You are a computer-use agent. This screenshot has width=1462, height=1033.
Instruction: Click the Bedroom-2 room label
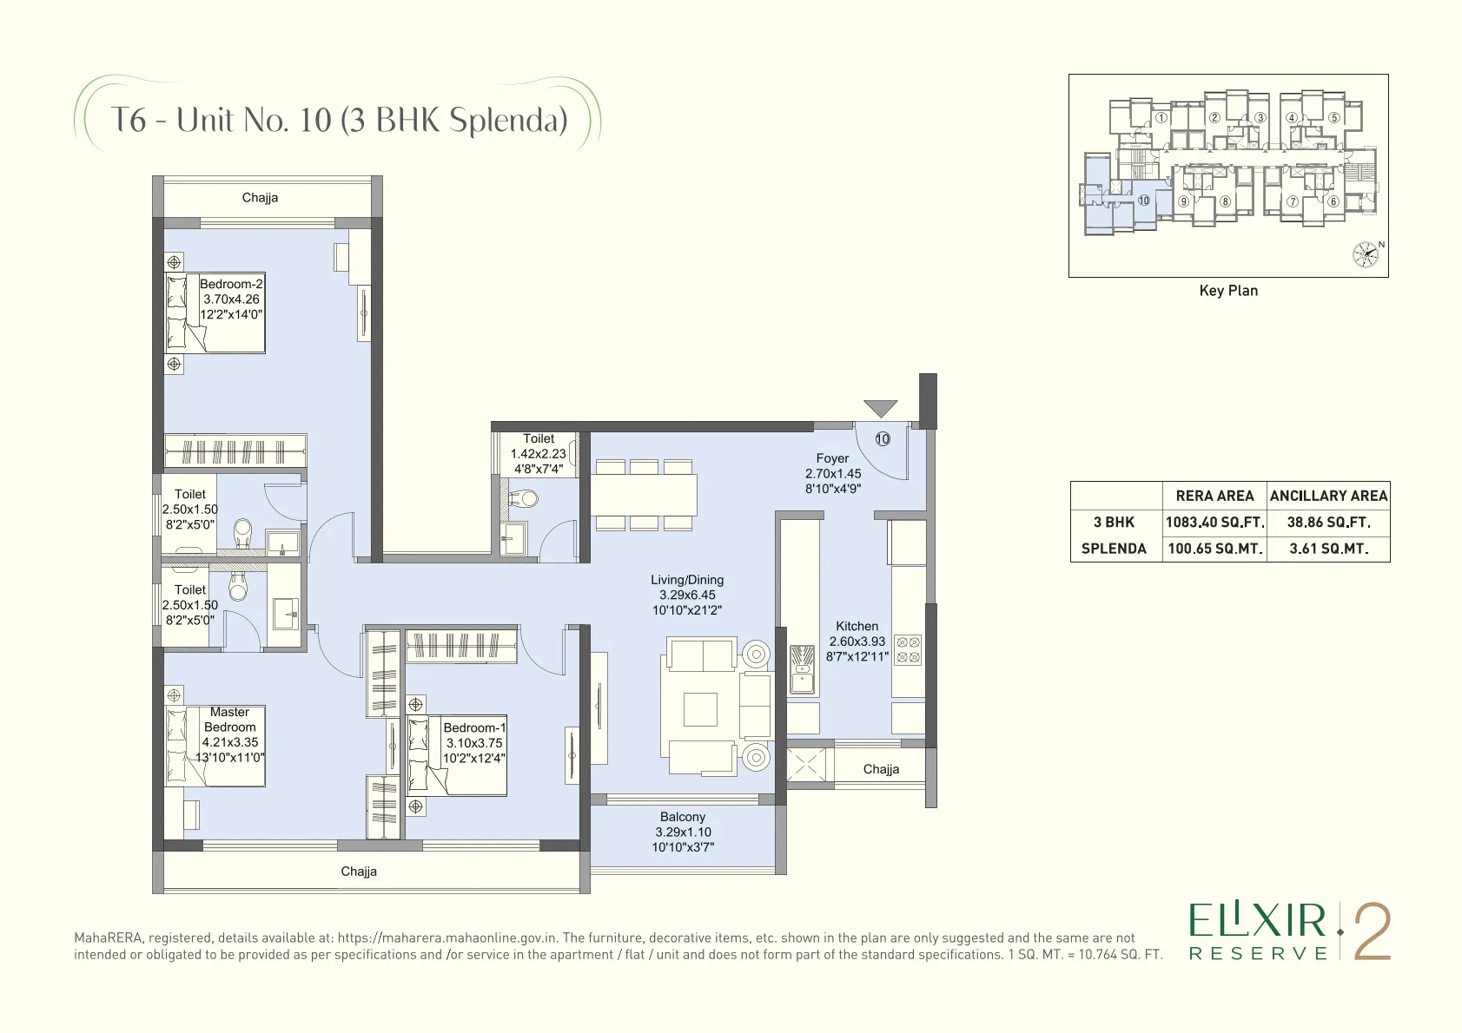coord(231,284)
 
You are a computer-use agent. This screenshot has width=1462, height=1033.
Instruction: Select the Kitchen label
coord(857,626)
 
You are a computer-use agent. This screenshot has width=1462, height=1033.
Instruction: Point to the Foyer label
coord(832,458)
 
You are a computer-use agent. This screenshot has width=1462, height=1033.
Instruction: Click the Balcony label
coord(683,817)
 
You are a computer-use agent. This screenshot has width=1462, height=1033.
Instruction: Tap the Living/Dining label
coord(687,580)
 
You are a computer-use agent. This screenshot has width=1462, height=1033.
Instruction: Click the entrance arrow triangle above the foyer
coord(880,407)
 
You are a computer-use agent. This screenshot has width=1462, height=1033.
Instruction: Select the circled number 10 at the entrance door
coord(883,439)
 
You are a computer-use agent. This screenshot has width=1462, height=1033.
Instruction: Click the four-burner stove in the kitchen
coord(908,650)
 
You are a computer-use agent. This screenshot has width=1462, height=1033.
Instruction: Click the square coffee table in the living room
coord(700,709)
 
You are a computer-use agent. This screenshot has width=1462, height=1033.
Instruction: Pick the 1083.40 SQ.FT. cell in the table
coord(1214,523)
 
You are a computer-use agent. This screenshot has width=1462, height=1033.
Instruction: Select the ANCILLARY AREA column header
coord(1328,496)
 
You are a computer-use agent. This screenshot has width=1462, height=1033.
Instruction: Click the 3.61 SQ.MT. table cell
coord(1328,549)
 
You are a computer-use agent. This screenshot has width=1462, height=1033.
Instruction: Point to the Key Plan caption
coord(1228,291)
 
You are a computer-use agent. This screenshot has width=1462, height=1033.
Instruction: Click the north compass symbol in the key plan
coord(1366,253)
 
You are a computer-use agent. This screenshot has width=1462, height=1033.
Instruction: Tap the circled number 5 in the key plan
coord(1334,118)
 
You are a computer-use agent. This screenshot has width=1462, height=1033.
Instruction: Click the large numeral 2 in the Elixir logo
coord(1373,933)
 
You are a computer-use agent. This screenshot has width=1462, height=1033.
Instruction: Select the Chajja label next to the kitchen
coord(881,769)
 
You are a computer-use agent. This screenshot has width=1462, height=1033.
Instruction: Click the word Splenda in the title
coord(507,120)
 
